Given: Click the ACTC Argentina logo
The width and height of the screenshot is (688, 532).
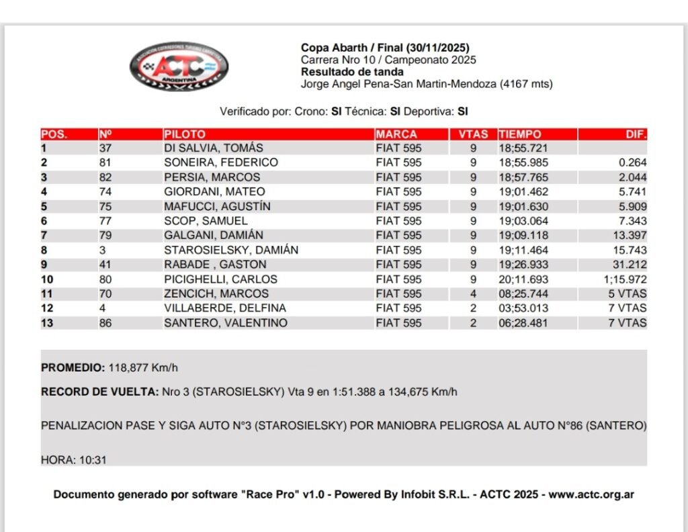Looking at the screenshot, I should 179,66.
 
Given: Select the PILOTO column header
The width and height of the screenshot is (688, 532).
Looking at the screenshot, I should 185,134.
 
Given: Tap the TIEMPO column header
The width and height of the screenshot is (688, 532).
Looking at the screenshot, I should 520,134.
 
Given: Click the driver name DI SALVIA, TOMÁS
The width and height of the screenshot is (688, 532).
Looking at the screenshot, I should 214,148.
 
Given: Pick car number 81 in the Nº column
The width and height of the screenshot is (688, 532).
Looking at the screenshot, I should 105,163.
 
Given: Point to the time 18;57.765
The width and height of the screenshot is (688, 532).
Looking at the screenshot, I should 523,177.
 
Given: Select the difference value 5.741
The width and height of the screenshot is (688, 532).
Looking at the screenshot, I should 634,192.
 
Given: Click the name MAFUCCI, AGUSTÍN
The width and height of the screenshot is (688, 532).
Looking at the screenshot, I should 218,207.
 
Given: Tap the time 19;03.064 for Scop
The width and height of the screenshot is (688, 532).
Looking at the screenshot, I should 523,221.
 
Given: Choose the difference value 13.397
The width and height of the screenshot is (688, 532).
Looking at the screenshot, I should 631,236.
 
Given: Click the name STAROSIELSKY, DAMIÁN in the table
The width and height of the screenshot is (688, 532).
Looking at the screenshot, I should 231,251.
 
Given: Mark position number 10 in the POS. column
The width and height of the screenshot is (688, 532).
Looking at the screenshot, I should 47,279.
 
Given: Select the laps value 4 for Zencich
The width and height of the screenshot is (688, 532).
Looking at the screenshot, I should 473,294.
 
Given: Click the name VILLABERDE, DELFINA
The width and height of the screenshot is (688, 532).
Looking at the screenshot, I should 225,308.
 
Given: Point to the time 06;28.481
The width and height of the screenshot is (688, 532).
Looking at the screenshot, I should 523,323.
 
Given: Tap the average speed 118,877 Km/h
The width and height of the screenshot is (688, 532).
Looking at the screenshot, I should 143,368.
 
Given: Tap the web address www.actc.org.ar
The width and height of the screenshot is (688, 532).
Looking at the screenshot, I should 591,495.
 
